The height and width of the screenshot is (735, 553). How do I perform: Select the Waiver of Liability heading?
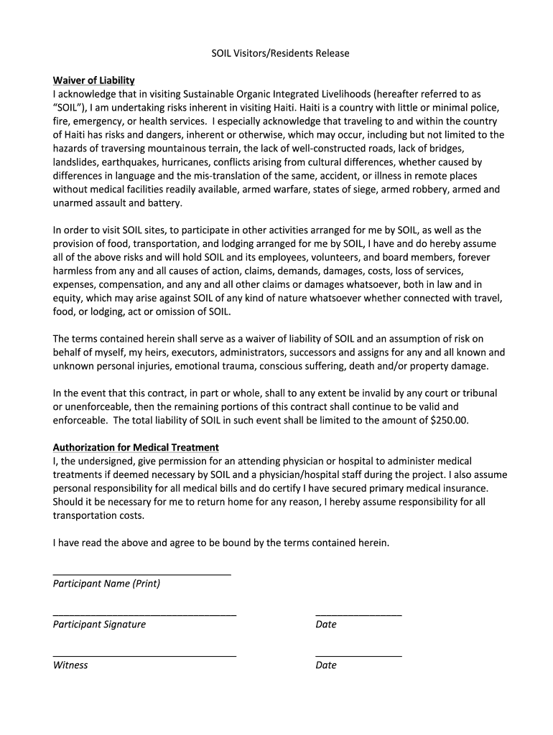94,80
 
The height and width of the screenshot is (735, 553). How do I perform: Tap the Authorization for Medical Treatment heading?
136,447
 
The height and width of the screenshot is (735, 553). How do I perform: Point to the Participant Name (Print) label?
106,584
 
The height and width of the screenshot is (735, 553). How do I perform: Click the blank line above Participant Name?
142,574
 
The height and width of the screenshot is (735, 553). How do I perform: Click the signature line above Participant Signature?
144,615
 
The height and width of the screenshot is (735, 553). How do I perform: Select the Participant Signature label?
99,624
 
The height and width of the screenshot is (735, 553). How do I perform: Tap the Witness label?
70,665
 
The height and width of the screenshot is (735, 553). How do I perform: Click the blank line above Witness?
144,656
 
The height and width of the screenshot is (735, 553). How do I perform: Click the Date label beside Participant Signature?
326,624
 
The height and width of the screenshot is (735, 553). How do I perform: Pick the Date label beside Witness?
326,665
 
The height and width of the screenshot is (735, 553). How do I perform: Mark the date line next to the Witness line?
358,656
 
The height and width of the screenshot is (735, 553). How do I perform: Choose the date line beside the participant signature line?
358,615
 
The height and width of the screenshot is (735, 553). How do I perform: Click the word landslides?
75,162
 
